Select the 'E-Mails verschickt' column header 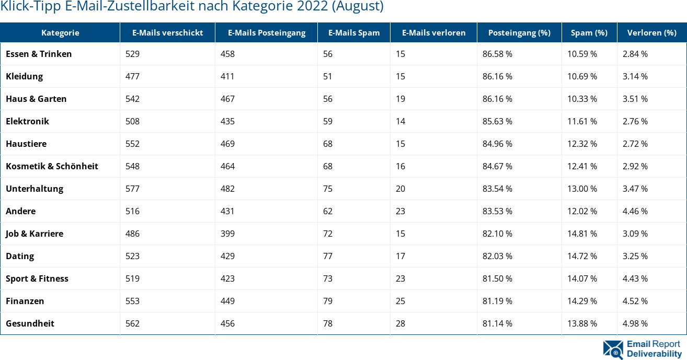point(167,32)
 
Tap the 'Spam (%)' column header point(589,32)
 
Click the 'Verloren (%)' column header point(651,32)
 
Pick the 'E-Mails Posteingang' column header point(266,32)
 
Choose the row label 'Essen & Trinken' point(39,54)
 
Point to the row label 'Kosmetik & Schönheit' point(52,166)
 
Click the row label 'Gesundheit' point(30,323)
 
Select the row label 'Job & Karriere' point(35,234)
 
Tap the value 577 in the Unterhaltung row point(132,189)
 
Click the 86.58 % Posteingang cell point(497,54)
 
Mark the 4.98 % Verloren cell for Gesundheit point(635,323)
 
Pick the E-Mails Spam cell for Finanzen point(328,301)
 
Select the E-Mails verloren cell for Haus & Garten point(400,99)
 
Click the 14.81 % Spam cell point(582,234)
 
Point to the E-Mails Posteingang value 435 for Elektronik point(227,121)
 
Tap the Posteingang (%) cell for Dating point(497,256)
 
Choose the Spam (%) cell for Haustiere point(582,144)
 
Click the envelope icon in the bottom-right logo point(613,350)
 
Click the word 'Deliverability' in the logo point(654,354)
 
